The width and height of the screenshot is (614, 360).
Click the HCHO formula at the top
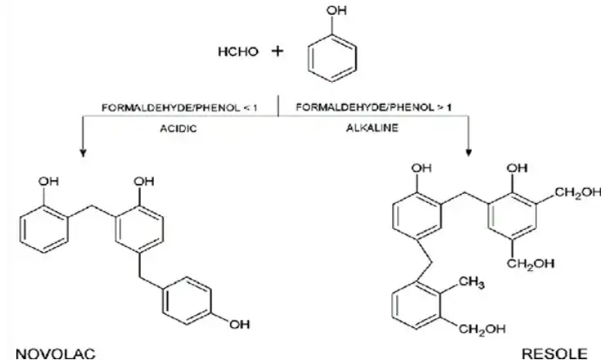pyautogui.click(x=238, y=52)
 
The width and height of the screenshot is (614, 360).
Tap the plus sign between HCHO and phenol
pyautogui.click(x=278, y=51)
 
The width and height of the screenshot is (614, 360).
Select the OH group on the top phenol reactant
pyautogui.click(x=336, y=10)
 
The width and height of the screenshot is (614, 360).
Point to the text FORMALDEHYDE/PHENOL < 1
pyautogui.click(x=180, y=108)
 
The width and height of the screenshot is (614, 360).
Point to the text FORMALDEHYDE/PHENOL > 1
pyautogui.click(x=373, y=107)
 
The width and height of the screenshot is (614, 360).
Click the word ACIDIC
pyautogui.click(x=178, y=128)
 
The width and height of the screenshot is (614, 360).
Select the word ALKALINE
pyautogui.click(x=372, y=128)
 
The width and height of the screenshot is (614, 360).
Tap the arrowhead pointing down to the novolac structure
pyautogui.click(x=83, y=153)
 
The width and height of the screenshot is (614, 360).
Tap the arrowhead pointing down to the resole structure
pyautogui.click(x=469, y=153)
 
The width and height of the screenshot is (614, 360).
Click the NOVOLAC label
pyautogui.click(x=56, y=353)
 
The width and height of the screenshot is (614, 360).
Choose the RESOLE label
pyautogui.click(x=554, y=353)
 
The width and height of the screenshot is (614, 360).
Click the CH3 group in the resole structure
pyautogui.click(x=471, y=282)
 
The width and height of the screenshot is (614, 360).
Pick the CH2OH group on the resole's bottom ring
pyautogui.click(x=481, y=329)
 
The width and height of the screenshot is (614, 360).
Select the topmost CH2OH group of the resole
pyautogui.click(x=578, y=192)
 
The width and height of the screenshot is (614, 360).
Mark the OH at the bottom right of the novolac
pyautogui.click(x=240, y=324)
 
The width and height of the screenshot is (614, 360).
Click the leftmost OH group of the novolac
pyautogui.click(x=48, y=181)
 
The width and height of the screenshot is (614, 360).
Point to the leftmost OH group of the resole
pyautogui.click(x=422, y=168)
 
